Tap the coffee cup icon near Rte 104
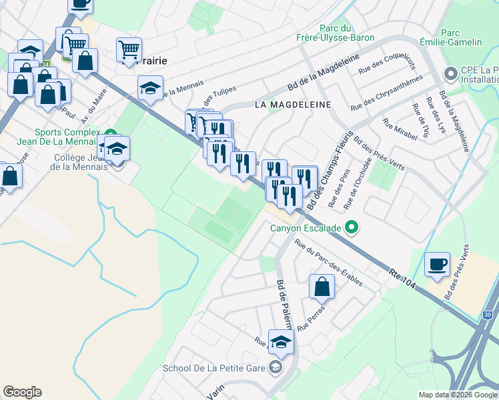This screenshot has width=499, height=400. pos(438,265)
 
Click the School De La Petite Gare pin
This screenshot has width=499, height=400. pos(275,367)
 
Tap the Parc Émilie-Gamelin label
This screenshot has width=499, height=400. pos(461,37)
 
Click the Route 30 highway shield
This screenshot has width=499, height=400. pos(488,315)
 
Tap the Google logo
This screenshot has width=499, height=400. pos(22,392)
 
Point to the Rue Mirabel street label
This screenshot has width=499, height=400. pos(400,129)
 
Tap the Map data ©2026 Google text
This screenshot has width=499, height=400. pos(457,395)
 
